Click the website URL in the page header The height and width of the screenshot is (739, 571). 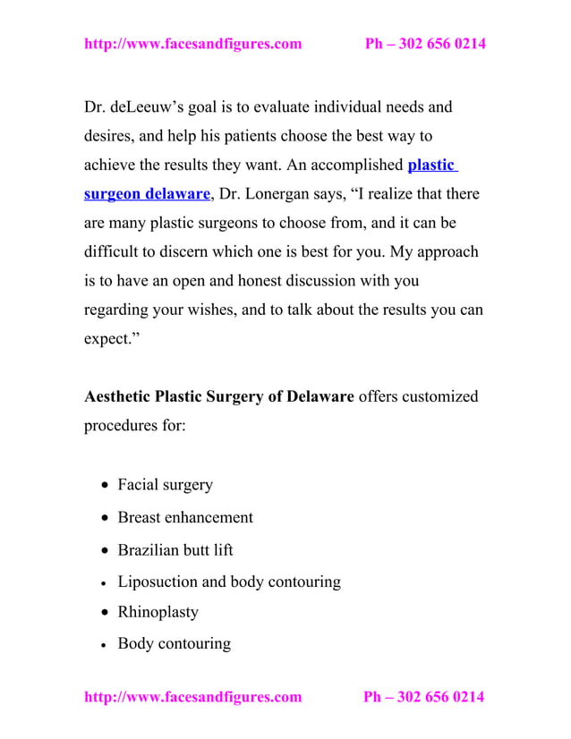point(192,43)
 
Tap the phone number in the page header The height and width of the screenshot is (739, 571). point(425,43)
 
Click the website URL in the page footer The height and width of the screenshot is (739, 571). point(192,697)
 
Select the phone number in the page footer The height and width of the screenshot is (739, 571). point(423,697)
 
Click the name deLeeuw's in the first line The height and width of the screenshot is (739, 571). point(145,108)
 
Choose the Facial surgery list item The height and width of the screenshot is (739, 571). point(165,485)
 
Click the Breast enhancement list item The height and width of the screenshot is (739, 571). point(185,517)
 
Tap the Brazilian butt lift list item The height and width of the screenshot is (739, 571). point(175,549)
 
